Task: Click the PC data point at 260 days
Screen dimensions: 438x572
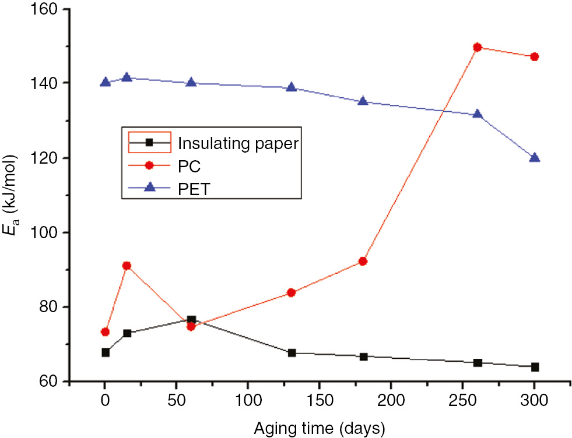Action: (478, 47)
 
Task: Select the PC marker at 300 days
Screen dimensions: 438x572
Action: (534, 56)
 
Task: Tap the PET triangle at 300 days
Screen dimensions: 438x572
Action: (534, 157)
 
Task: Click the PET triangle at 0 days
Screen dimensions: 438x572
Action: (105, 82)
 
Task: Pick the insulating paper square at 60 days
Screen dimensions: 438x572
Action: (191, 320)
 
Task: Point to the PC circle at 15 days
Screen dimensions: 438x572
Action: (127, 266)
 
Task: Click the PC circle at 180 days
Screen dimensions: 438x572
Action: (363, 261)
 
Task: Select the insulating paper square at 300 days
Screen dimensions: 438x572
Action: (534, 367)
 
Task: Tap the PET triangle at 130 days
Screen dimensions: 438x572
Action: (292, 87)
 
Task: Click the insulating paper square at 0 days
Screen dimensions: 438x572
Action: (106, 352)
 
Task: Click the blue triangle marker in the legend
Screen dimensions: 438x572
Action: (149, 188)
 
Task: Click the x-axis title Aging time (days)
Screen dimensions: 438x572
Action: (319, 429)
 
